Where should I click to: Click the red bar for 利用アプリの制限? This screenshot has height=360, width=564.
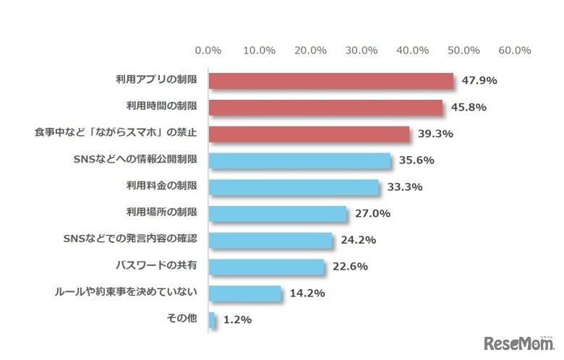coord(330,81)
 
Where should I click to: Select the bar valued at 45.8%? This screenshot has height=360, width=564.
coord(325,108)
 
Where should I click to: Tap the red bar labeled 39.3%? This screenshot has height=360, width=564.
coord(309,134)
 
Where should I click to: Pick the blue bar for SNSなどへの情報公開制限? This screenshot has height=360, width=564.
coord(299,160)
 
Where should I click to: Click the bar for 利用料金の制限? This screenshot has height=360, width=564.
coord(294,187)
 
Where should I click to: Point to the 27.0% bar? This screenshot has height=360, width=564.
coord(278,214)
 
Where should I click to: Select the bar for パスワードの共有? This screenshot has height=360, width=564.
coord(266,267)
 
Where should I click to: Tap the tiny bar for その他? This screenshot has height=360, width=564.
coord(212,320)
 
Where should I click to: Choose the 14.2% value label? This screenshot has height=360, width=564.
coord(306,293)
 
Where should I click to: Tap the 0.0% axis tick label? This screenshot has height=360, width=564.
coord(208,51)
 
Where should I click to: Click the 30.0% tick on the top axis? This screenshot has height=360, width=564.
coord(362,51)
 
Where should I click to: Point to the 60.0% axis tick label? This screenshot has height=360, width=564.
coord(515,51)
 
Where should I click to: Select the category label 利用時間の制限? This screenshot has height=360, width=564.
coord(166,108)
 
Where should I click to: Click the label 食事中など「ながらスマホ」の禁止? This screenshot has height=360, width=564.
coord(120,134)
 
